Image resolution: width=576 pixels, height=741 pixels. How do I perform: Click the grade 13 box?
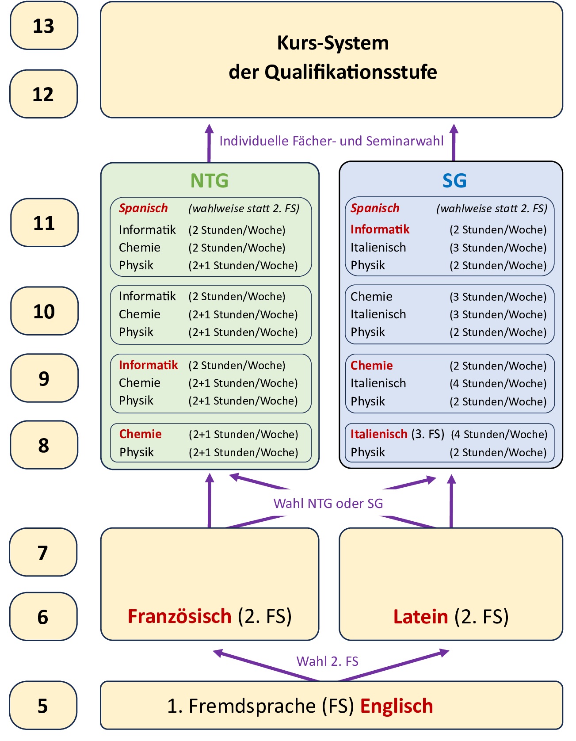44,26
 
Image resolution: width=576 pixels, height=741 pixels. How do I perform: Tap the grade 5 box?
43,706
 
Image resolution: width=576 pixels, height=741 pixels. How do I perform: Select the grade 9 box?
44,378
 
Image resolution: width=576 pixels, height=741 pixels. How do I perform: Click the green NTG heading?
210,180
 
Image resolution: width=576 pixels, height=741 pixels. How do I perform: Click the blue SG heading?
454,180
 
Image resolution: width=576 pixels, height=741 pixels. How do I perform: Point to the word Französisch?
179,616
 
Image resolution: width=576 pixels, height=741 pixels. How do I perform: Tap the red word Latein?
420,616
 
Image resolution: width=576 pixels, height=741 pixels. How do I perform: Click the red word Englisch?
397,706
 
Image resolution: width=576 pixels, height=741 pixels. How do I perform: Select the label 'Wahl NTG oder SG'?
328,503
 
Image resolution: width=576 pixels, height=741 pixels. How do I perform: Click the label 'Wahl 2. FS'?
327,661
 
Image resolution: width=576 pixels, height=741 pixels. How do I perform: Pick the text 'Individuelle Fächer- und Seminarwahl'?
331,141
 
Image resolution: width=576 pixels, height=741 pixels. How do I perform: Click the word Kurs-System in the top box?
333,43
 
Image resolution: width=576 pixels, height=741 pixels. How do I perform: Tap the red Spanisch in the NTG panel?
143,208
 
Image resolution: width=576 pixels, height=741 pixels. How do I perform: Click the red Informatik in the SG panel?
380,229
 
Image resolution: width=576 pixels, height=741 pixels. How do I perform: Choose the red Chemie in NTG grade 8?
140,434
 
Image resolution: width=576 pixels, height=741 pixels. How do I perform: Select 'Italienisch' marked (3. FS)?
379,434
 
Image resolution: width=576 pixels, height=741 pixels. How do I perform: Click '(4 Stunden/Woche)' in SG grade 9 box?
498,383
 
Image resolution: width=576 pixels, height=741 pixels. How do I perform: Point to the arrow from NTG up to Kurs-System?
209,144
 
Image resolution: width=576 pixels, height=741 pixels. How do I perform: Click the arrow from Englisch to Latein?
393,665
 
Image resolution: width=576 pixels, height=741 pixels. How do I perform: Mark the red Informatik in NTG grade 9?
148,365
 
